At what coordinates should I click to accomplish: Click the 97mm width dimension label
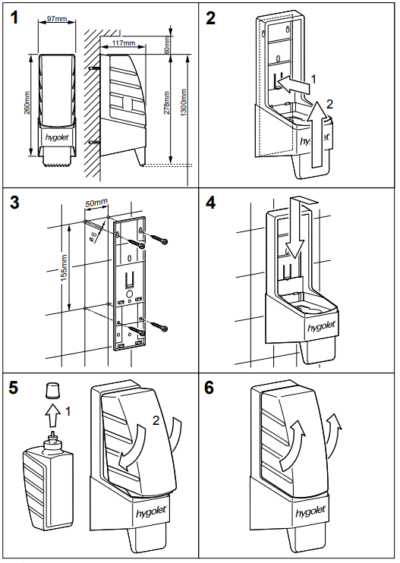pyautogui.click(x=57, y=18)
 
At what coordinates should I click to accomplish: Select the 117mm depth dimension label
pyautogui.click(x=124, y=43)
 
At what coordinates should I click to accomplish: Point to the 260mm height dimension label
pyautogui.click(x=27, y=103)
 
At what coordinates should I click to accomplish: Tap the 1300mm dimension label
pyautogui.click(x=184, y=102)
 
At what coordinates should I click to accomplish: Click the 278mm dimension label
pyautogui.click(x=167, y=103)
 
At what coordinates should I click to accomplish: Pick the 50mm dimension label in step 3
pyautogui.click(x=96, y=203)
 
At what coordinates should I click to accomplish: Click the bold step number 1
pyautogui.click(x=14, y=17)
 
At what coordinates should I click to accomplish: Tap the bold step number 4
pyautogui.click(x=210, y=203)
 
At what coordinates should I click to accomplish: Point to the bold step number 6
pyautogui.click(x=209, y=388)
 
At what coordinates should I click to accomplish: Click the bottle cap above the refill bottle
pyautogui.click(x=52, y=390)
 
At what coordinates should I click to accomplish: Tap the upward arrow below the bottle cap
pyautogui.click(x=52, y=416)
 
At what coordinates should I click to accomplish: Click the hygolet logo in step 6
pyautogui.click(x=310, y=511)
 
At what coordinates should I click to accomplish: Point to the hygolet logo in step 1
pyautogui.click(x=57, y=137)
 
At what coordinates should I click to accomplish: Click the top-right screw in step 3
pyautogui.click(x=158, y=239)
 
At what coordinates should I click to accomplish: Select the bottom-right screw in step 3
pyautogui.click(x=159, y=326)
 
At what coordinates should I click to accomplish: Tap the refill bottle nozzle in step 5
pyautogui.click(x=52, y=435)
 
